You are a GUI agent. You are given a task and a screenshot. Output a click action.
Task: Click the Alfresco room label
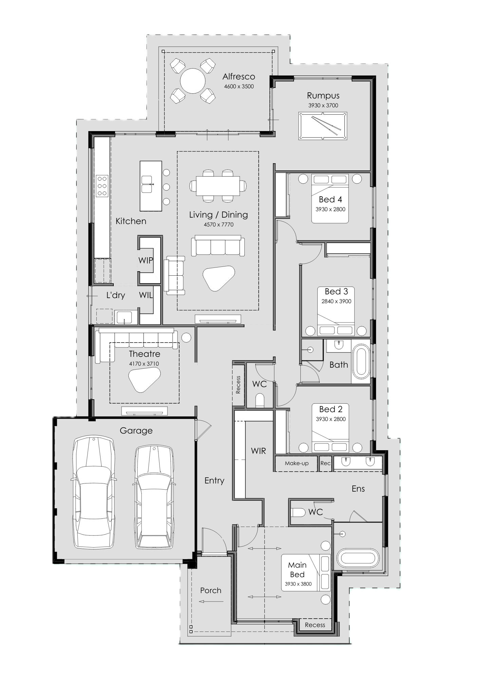[x=239, y=76]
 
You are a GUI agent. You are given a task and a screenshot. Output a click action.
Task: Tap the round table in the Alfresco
[x=192, y=81]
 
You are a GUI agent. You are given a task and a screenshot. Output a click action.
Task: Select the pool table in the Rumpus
[x=322, y=126]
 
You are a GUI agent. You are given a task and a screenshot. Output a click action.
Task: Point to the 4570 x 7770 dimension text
[x=219, y=224]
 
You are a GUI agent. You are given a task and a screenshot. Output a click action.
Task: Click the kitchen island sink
[x=147, y=184]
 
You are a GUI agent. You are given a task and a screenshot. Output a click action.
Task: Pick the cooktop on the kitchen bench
[x=102, y=186]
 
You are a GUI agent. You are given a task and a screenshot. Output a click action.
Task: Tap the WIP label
[x=146, y=260]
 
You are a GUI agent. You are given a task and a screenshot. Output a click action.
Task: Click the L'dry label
[x=115, y=295]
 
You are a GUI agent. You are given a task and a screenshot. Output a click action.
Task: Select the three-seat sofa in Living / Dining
[x=218, y=245]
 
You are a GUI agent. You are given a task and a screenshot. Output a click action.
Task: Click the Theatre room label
[x=145, y=354]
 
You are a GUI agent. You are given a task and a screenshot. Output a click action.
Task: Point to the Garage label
[x=136, y=431]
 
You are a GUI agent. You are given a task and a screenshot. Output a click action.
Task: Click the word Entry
[x=214, y=481]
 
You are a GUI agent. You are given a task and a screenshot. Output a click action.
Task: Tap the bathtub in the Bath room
[x=361, y=362]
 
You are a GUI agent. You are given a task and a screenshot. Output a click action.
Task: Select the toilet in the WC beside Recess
[x=260, y=400]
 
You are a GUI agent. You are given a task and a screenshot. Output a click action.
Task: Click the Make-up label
[x=297, y=463]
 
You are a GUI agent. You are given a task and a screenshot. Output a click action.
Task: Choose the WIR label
[x=258, y=451]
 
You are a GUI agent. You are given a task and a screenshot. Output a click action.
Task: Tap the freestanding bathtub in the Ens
[x=357, y=558]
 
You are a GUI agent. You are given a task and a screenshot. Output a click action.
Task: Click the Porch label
[x=210, y=590]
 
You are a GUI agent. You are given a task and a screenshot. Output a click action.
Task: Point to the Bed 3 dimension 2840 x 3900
[x=336, y=301]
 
